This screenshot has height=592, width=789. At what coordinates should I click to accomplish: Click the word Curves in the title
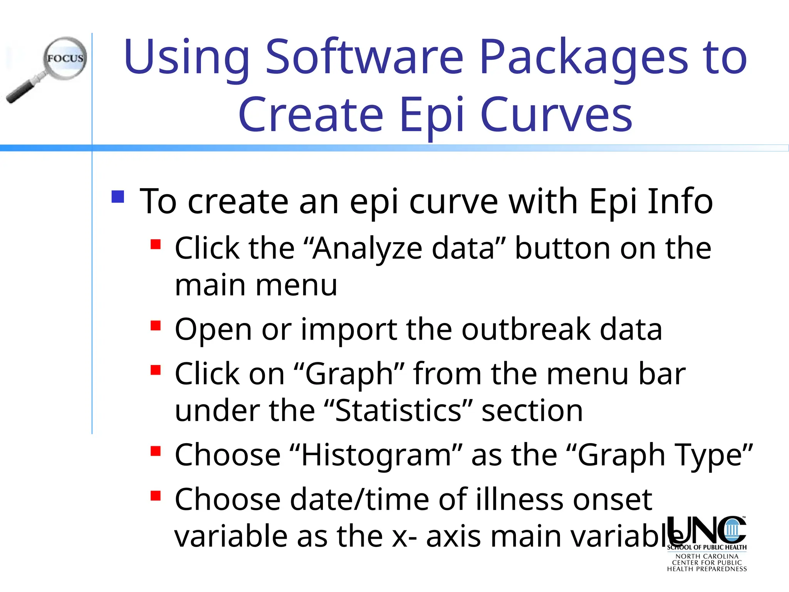click(556, 114)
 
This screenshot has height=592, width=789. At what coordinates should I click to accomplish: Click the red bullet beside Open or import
click(156, 326)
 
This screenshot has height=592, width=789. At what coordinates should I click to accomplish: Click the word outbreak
click(526, 329)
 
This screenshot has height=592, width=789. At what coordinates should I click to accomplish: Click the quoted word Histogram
click(376, 455)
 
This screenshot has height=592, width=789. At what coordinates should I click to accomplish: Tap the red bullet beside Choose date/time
click(156, 495)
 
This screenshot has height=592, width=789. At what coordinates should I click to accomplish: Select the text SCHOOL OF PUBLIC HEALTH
click(707, 547)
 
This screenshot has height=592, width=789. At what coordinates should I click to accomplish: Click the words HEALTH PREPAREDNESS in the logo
click(707, 569)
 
